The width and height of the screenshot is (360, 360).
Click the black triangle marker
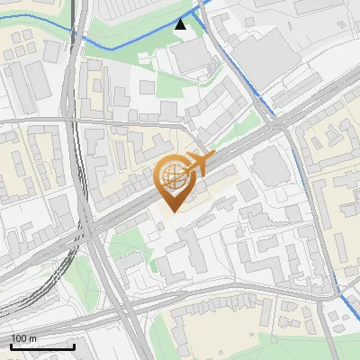point(182,24)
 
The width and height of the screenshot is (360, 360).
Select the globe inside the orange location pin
point(171,174)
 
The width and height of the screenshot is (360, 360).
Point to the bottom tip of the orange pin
point(171,212)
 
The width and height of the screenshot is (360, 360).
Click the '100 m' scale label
point(24,338)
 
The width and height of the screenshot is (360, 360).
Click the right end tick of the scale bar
point(74,345)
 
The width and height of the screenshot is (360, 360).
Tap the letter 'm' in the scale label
point(33,338)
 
